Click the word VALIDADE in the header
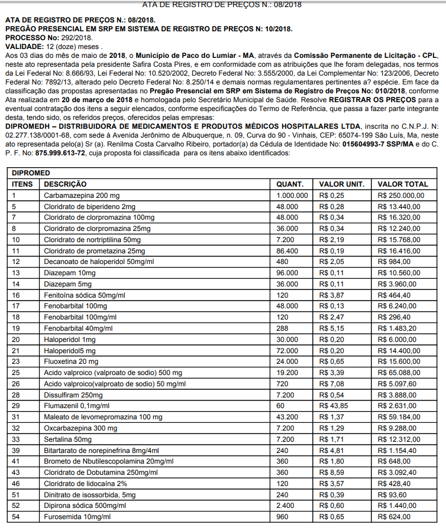(23, 45)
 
